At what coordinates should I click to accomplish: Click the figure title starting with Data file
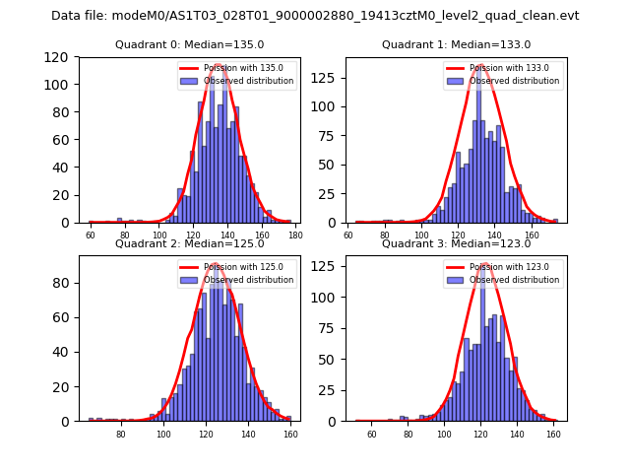(x=315, y=16)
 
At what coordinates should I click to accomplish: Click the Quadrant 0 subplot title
(x=190, y=44)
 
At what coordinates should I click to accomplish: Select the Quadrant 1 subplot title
(x=456, y=44)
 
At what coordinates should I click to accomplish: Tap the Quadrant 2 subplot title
(x=190, y=243)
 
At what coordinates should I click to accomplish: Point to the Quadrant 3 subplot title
(x=456, y=243)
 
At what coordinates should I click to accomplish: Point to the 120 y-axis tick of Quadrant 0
(x=60, y=57)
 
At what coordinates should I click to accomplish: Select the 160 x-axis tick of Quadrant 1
(x=533, y=236)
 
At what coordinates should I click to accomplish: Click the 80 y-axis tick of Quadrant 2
(x=64, y=283)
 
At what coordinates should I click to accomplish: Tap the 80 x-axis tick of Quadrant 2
(x=121, y=435)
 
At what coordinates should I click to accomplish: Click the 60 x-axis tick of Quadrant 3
(x=372, y=435)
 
